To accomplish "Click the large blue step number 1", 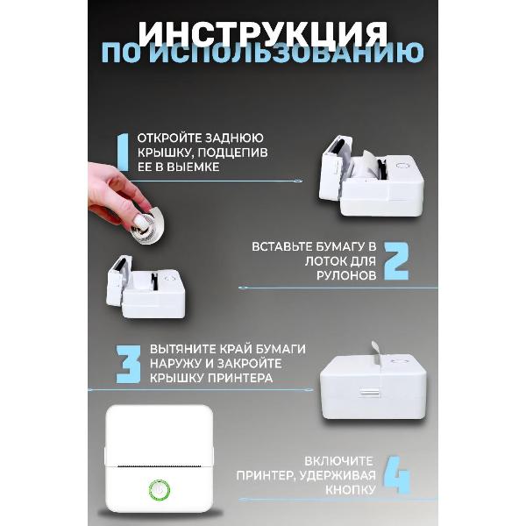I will click(x=122, y=154).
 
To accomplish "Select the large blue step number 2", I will click(x=397, y=260).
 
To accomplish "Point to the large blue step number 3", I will click(x=128, y=364).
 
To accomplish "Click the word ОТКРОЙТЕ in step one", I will click(x=171, y=139).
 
